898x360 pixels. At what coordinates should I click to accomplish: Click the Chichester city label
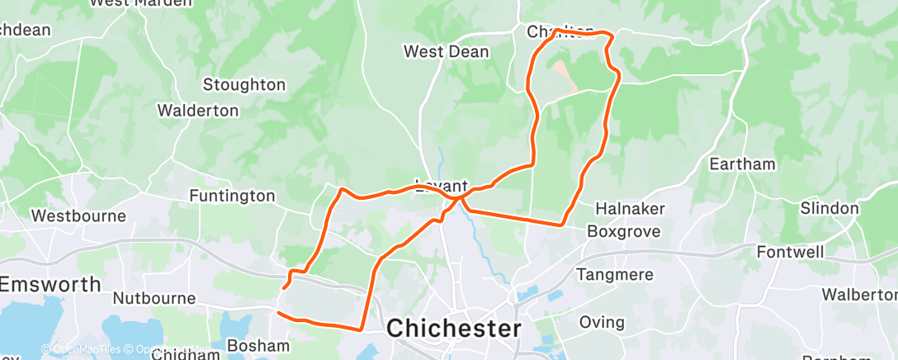[454, 328]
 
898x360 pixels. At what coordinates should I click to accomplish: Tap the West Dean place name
[446, 52]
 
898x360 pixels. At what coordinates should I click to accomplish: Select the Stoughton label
[244, 84]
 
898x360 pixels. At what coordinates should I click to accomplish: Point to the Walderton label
[198, 110]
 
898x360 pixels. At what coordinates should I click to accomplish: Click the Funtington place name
[232, 196]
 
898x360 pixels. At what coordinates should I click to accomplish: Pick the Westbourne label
[78, 216]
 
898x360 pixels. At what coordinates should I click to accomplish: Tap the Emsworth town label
[50, 284]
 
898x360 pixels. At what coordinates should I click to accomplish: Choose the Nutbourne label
[154, 298]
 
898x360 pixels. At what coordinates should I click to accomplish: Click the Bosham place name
[258, 346]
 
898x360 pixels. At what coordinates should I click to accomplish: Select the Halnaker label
[630, 208]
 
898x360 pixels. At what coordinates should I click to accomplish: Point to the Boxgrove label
[624, 232]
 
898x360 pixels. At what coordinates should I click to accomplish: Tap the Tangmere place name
[616, 274]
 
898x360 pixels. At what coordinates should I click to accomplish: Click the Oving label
[602, 321]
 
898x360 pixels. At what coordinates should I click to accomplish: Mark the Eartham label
[742, 163]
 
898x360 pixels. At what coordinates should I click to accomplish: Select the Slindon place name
[829, 208]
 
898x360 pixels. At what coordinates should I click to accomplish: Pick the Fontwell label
[791, 252]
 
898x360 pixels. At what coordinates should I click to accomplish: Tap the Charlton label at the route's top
[560, 32]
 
